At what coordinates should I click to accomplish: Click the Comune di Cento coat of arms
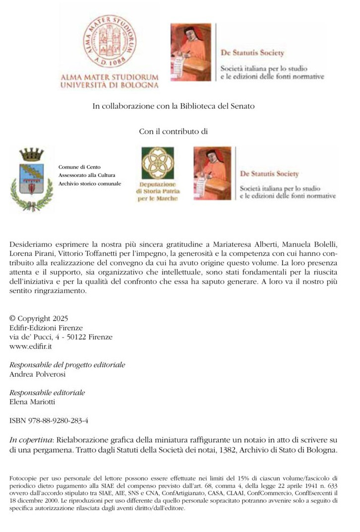coord(32,178)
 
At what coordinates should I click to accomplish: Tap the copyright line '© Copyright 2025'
coord(39,318)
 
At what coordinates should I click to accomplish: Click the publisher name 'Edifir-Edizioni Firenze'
coord(46,328)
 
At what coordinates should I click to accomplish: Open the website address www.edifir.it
coord(31,347)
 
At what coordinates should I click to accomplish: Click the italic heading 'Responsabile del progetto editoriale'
coord(67,365)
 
